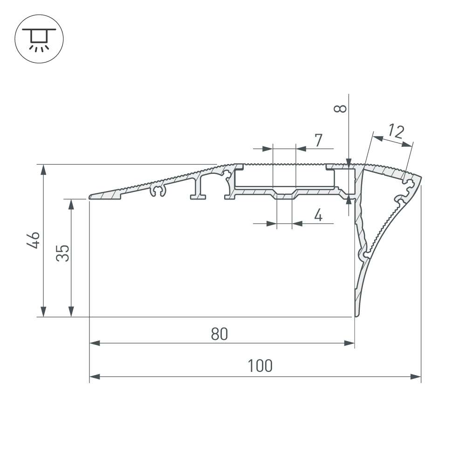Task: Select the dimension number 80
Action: (x=219, y=334)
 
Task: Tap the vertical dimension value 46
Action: (x=33, y=240)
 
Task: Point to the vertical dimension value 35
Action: (x=62, y=253)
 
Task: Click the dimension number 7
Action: (x=318, y=140)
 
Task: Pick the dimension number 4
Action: (x=318, y=215)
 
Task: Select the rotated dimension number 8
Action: (x=340, y=109)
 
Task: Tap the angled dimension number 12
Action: (x=396, y=132)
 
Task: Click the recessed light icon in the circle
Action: (x=39, y=40)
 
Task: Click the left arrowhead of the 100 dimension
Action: (x=95, y=377)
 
